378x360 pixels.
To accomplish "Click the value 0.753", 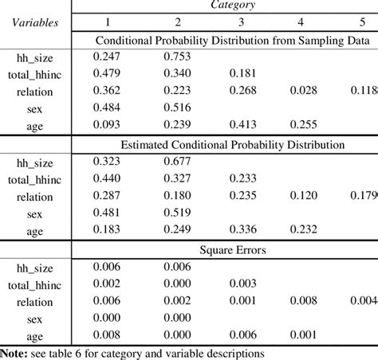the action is pyautogui.click(x=180, y=57).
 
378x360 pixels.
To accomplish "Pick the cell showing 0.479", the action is pyautogui.click(x=114, y=73).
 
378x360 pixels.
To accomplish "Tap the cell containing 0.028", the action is pyautogui.click(x=300, y=89).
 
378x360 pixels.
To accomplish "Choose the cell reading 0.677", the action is pyautogui.click(x=180, y=162).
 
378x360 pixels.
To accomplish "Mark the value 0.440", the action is pyautogui.click(x=114, y=178).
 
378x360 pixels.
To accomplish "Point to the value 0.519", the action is pyautogui.click(x=180, y=212).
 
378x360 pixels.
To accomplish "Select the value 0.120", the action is pyautogui.click(x=300, y=195).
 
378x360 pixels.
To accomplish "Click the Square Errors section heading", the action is pyautogui.click(x=232, y=250).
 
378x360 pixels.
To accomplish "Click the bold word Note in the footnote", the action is pyautogui.click(x=15, y=350).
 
